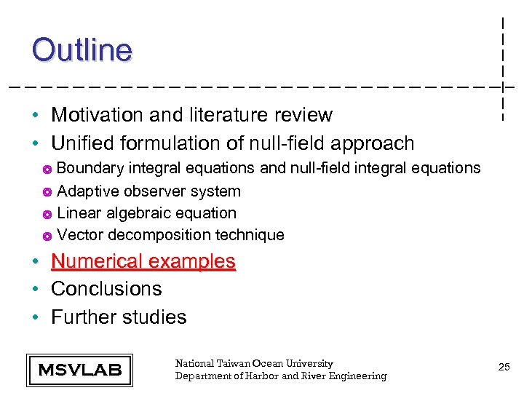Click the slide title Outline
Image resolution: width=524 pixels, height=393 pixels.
82,50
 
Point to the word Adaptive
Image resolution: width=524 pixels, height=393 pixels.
84,191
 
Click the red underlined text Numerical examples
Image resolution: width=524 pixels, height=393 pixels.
143,261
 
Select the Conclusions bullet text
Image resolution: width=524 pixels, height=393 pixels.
106,289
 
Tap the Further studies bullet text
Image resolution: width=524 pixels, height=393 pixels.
119,317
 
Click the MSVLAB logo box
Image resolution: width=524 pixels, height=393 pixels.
79,370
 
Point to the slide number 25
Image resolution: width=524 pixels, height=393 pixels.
504,368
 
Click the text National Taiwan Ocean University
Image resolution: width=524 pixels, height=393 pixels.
254,363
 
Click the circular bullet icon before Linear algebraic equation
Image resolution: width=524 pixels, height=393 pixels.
46,214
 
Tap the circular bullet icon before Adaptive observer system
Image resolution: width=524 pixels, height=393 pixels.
46,192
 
